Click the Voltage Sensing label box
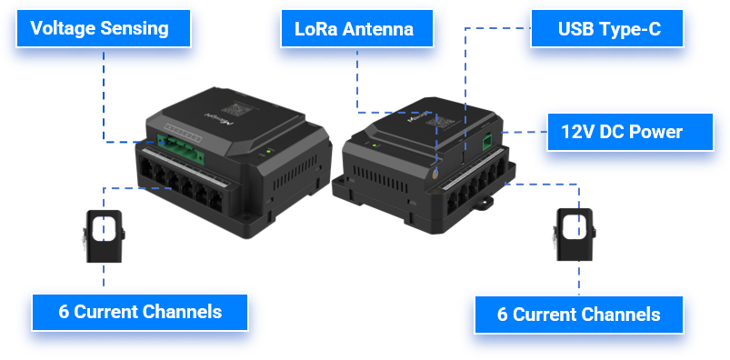coord(104,28)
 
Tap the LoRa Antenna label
coord(356,28)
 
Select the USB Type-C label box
coord(607,28)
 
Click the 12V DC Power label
coord(630,132)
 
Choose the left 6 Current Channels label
coord(140,312)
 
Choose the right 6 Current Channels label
coord(579,315)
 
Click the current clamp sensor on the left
coord(105,236)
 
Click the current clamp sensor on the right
coord(575,235)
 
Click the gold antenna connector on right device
coord(435,174)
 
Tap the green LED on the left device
coord(268,151)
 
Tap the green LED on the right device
coord(375,145)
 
